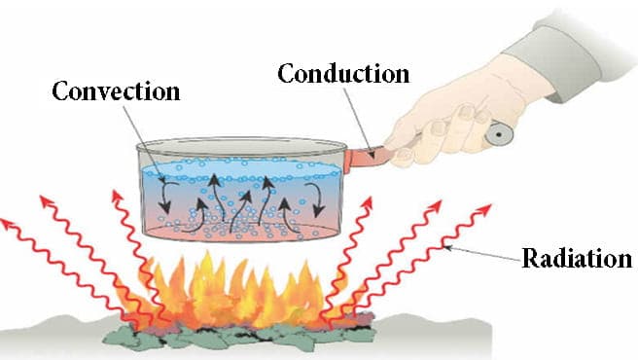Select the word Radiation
(577, 259)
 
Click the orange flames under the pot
(238, 282)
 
